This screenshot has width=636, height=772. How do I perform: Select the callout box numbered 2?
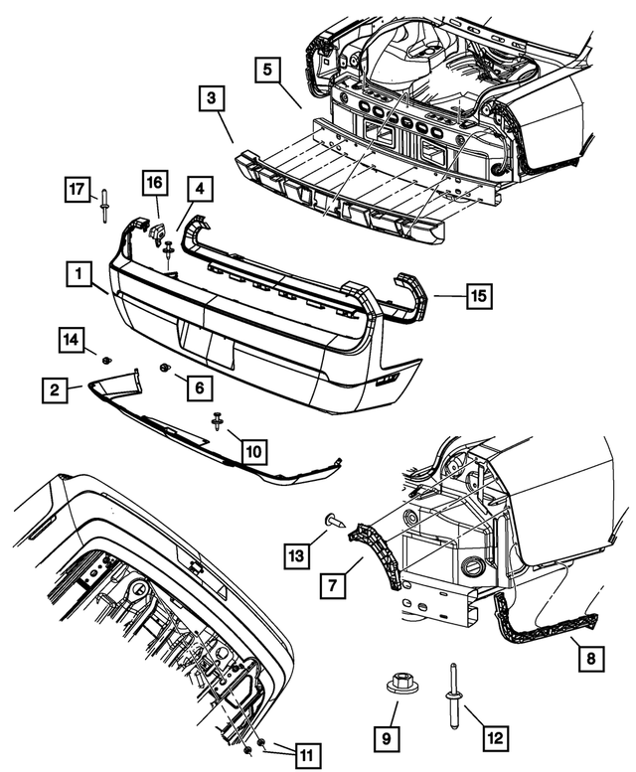[55, 388]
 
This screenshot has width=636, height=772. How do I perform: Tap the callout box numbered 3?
[212, 98]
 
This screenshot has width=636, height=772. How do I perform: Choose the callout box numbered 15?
[480, 295]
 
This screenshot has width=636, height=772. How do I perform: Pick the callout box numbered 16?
[155, 184]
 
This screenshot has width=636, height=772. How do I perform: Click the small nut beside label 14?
[106, 358]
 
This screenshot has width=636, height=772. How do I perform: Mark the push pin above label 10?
[217, 421]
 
